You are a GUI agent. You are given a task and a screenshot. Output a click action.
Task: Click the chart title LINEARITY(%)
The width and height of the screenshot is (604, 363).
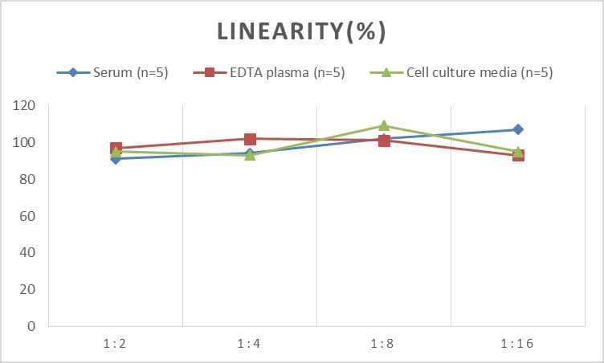click(x=302, y=31)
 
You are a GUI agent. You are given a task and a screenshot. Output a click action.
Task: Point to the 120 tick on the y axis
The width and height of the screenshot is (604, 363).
click(x=27, y=106)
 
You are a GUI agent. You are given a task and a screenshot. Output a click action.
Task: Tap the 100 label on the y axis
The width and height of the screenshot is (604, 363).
click(x=27, y=143)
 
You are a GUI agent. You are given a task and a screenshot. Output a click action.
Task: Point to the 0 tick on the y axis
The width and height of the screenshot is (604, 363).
click(x=33, y=327)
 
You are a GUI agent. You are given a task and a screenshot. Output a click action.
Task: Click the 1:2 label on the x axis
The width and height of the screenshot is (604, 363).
click(x=116, y=344)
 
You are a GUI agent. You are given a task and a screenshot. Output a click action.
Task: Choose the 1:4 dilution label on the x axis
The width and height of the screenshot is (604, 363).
click(x=250, y=344)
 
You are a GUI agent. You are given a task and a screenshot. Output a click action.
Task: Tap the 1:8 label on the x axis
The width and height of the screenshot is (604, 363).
click(x=384, y=344)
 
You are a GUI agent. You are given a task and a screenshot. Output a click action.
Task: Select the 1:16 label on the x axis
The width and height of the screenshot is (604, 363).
click(x=518, y=344)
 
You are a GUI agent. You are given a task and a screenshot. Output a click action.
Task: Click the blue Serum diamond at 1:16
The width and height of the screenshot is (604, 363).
click(x=518, y=129)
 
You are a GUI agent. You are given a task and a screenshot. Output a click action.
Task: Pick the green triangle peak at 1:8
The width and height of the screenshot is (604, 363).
click(x=384, y=125)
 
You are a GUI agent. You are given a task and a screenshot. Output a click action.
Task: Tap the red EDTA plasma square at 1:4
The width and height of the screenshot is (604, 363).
click(x=250, y=139)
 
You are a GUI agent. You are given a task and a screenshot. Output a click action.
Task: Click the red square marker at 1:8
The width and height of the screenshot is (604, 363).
click(x=384, y=141)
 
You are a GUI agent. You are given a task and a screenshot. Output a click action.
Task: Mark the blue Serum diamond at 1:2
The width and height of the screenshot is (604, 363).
click(x=116, y=159)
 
